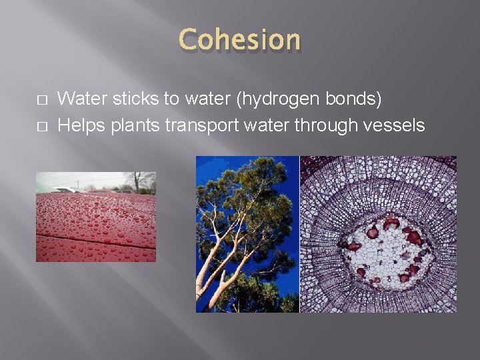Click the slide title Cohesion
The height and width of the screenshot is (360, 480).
(239, 39)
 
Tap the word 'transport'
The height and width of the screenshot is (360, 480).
(199, 125)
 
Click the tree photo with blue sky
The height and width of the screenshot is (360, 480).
(247, 234)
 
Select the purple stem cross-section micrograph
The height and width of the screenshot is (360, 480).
(378, 234)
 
